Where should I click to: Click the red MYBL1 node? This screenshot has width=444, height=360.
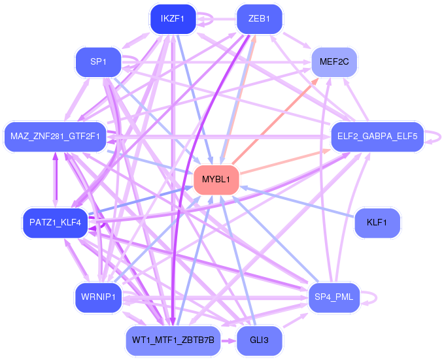[x=216, y=179]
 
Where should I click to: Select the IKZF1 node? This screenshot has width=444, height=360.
[x=173, y=19]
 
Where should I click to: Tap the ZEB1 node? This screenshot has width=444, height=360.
[x=259, y=19]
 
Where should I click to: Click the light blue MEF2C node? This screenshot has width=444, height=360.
[x=333, y=63]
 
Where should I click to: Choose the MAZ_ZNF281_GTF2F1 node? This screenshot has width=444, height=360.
[x=55, y=137]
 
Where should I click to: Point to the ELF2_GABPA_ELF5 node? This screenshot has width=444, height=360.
[x=378, y=137]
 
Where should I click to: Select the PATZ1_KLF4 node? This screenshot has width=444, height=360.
[x=55, y=223]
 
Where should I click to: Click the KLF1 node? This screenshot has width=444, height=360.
[x=377, y=223]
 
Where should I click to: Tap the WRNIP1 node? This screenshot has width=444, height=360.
[x=98, y=297]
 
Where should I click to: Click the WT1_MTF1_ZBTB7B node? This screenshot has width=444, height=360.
[x=173, y=340]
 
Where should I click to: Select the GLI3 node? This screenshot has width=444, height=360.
[x=259, y=340]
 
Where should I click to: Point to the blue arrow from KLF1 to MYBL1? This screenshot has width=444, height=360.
[x=298, y=202]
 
